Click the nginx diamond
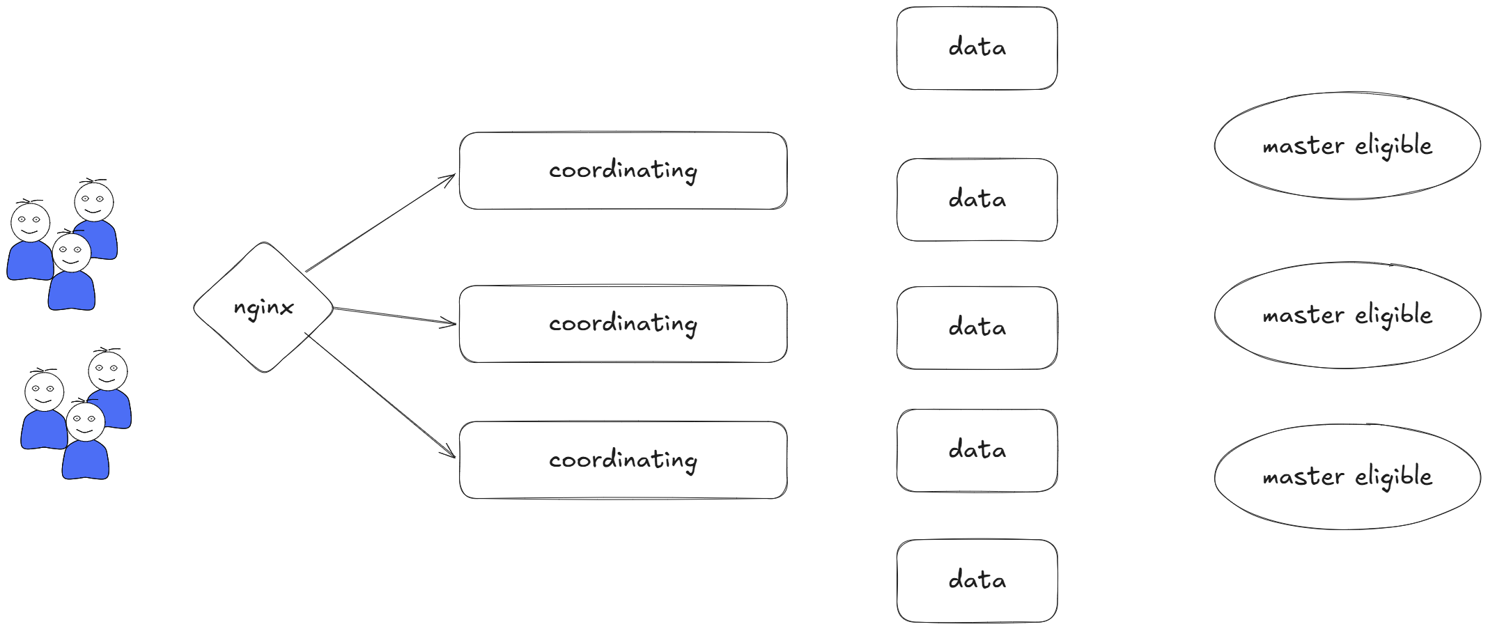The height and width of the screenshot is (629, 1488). pyautogui.click(x=263, y=307)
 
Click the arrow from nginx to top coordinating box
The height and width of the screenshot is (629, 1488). pyautogui.click(x=380, y=223)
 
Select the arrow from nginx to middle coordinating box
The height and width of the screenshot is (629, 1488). pyautogui.click(x=395, y=316)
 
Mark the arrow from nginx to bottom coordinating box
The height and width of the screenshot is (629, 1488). pyautogui.click(x=380, y=396)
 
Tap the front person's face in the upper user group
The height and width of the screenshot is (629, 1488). pyautogui.click(x=72, y=252)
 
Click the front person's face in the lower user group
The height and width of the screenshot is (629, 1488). pyautogui.click(x=86, y=421)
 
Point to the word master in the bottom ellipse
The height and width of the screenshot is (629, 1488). pyautogui.click(x=1303, y=477)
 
